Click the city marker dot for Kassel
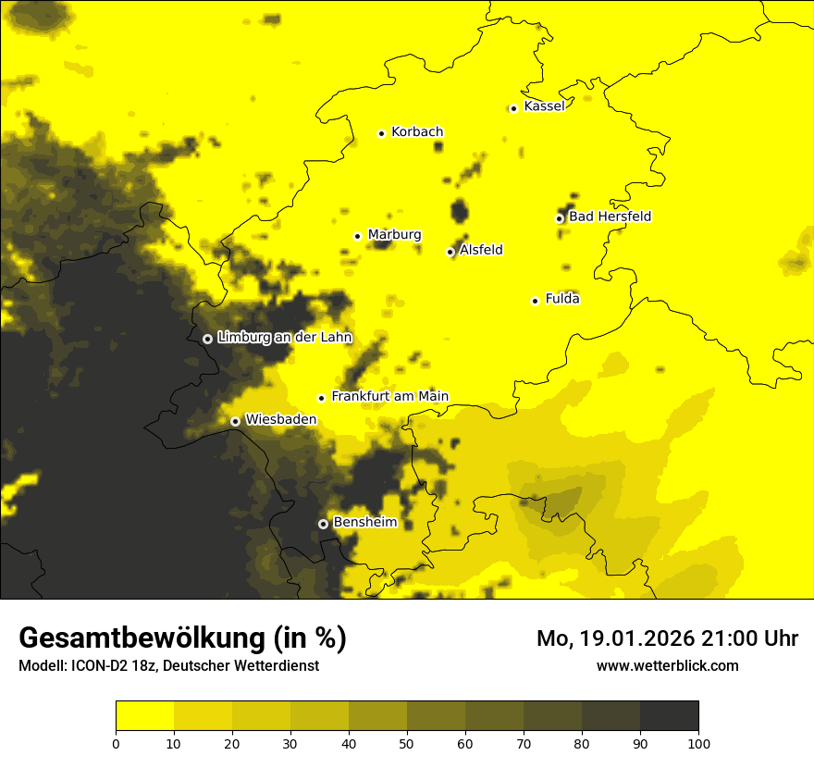tap(513, 108)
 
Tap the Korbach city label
tap(417, 132)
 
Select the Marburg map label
tap(394, 235)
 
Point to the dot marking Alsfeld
tap(450, 252)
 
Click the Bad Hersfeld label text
tap(610, 217)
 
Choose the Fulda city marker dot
tap(535, 301)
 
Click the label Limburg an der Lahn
tap(284, 338)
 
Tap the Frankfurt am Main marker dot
tap(322, 398)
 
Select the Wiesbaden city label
tap(280, 419)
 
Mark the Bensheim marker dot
tap(323, 524)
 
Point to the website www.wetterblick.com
tap(667, 665)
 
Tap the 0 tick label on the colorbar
tap(116, 743)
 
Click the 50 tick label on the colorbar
tap(407, 743)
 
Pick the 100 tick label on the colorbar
tap(698, 743)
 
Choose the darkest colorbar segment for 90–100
tap(669, 715)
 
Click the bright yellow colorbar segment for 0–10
tap(144, 715)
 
